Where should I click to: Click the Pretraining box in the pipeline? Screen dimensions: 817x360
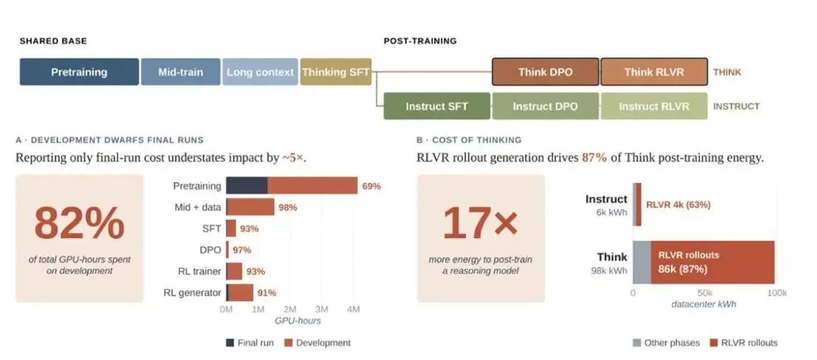pos(79,72)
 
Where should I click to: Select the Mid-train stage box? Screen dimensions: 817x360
pos(180,72)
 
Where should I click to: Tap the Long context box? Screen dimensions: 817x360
pos(260,72)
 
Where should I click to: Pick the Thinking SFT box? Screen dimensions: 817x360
pos(336,72)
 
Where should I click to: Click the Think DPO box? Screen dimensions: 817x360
pos(545,72)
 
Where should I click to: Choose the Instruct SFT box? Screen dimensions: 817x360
pos(436,107)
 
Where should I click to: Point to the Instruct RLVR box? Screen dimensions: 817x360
pos(654,107)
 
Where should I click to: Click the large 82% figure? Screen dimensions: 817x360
pos(79,224)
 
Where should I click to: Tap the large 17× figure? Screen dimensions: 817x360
pos(480,224)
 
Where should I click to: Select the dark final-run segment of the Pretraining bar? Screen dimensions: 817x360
pos(247,186)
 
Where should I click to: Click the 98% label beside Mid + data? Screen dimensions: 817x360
pos(288,207)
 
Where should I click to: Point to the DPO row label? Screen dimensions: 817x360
pos(212,250)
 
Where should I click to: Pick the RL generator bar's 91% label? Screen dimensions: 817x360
pos(266,293)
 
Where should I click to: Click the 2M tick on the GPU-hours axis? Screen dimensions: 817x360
pos(290,309)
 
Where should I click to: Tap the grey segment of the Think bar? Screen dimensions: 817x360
pos(641,262)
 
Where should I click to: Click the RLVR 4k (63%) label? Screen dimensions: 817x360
pos(678,205)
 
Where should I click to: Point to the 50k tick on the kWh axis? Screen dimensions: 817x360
pos(704,293)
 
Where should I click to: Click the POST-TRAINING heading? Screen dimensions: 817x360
pos(420,41)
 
